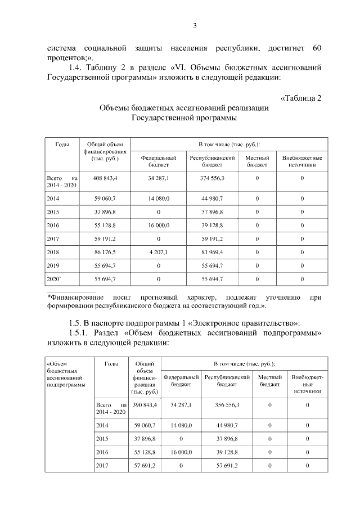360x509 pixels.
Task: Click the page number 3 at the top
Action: click(195, 26)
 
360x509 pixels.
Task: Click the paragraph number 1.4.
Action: click(77, 67)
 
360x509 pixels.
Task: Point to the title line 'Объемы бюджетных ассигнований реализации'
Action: click(183, 108)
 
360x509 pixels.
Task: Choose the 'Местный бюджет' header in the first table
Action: click(257, 161)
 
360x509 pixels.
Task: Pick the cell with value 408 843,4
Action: click(105, 178)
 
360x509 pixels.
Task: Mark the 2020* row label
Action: click(55, 279)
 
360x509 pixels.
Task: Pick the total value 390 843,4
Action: click(145, 404)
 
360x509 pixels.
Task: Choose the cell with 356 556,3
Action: click(227, 404)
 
